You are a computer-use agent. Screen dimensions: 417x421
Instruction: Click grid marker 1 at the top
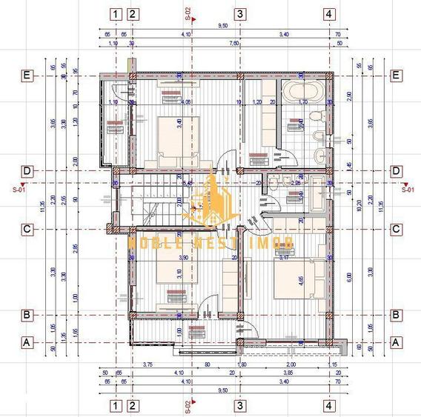click(115, 13)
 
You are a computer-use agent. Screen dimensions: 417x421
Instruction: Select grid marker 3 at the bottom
click(239, 405)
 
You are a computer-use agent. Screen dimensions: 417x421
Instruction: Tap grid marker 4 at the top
click(328, 13)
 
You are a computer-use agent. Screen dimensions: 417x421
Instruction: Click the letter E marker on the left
click(27, 75)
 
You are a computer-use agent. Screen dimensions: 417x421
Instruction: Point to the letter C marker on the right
click(397, 229)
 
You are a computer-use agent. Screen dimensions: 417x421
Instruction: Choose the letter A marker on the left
click(27, 342)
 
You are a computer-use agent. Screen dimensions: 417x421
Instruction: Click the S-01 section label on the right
click(406, 189)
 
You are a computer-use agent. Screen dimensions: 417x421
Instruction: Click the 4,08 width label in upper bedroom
click(186, 101)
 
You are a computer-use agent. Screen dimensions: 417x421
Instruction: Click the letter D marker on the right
click(397, 170)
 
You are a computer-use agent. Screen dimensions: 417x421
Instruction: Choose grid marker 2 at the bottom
click(132, 405)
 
